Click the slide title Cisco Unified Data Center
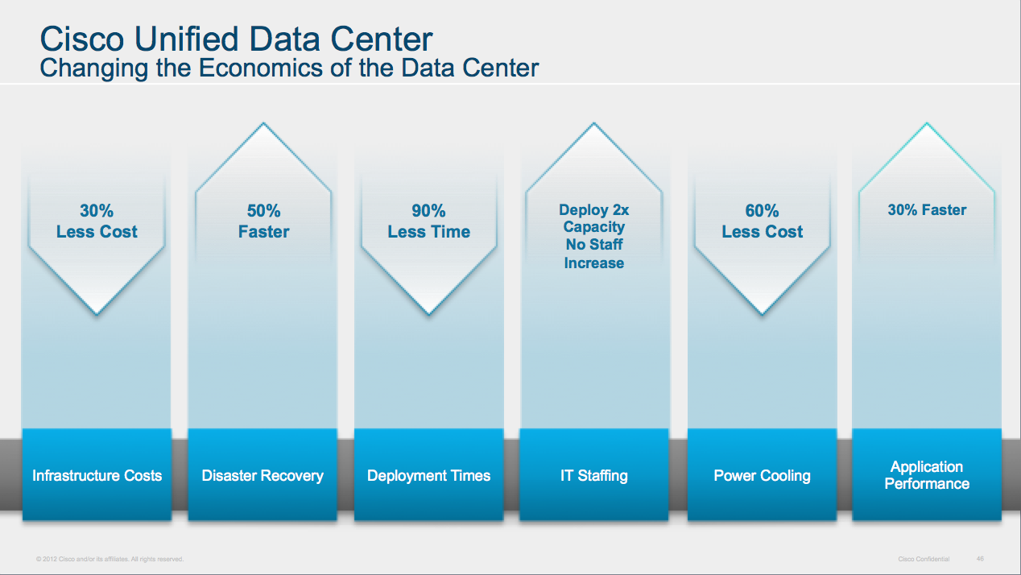[236, 39]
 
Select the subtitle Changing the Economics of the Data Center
[289, 68]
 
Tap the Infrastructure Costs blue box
[97, 475]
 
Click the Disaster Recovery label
[262, 475]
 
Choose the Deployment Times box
[428, 475]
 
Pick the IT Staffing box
[594, 475]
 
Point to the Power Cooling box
[762, 475]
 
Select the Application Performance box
[927, 475]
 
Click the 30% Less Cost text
[97, 221]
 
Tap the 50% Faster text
[263, 221]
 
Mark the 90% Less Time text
[428, 221]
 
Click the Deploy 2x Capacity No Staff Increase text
[594, 236]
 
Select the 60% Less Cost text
[762, 221]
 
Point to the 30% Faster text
[927, 210]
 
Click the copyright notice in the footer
[110, 559]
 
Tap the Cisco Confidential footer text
[924, 559]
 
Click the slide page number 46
[980, 558]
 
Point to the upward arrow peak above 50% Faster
[263, 124]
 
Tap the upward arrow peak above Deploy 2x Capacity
[594, 124]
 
